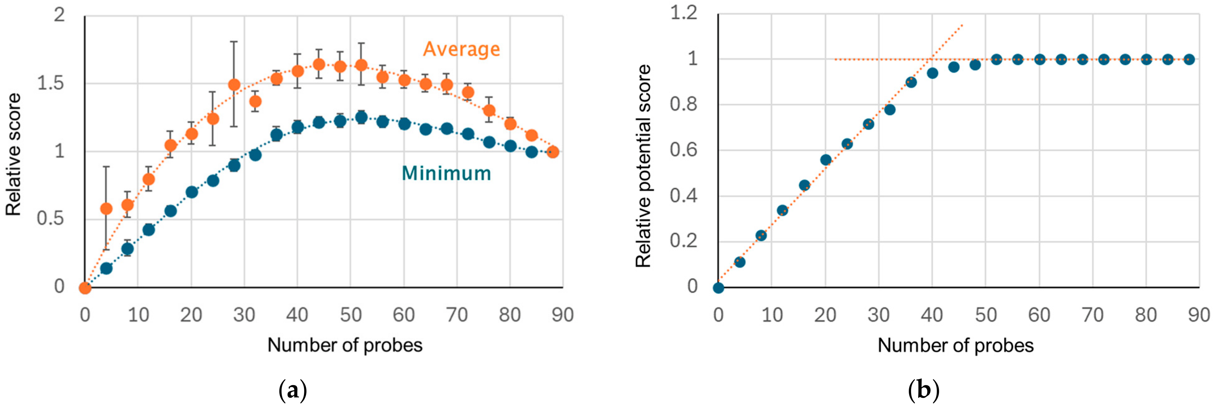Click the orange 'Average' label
(x=461, y=49)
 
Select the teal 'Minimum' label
(x=446, y=173)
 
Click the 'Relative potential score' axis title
(x=643, y=166)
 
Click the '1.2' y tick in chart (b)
(x=683, y=13)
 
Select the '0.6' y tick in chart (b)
(x=683, y=150)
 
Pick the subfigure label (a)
(x=293, y=391)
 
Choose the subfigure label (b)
(x=923, y=391)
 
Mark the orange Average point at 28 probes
(x=234, y=85)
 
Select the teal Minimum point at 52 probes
(x=361, y=117)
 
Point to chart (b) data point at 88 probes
(x=1189, y=59)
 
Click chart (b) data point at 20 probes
(x=826, y=160)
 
